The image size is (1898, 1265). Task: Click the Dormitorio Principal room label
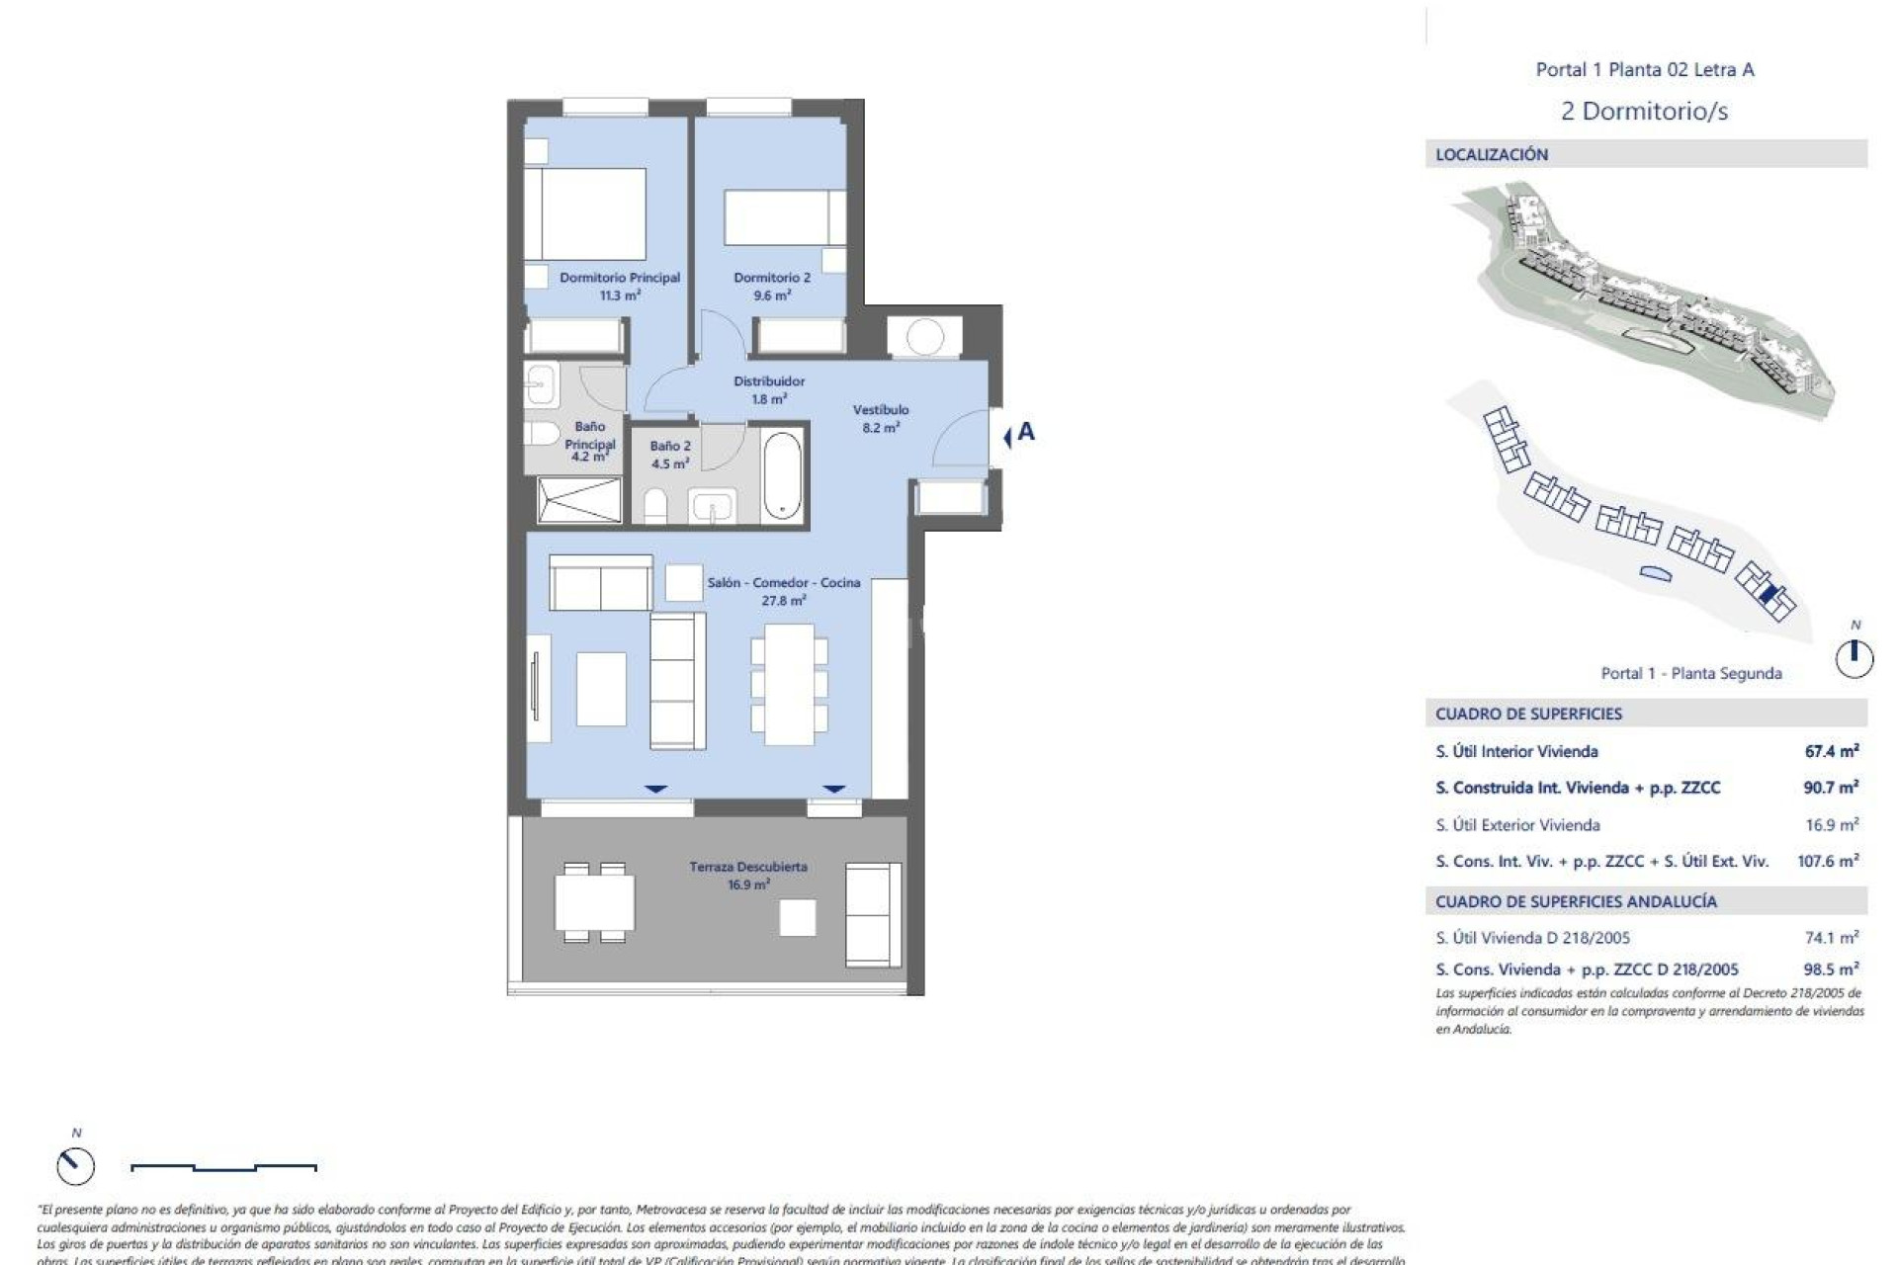(x=619, y=286)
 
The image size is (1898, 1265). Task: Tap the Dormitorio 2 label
(x=771, y=286)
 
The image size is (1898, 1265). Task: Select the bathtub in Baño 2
(x=782, y=474)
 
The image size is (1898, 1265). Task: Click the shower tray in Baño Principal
(x=579, y=499)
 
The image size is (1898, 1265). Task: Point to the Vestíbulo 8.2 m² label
(x=880, y=418)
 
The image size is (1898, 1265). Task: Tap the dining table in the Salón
(x=789, y=684)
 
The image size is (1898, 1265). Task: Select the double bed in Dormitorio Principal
(x=585, y=214)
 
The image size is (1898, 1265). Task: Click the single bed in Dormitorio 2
(x=784, y=217)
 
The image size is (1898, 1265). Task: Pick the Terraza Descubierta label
(x=747, y=875)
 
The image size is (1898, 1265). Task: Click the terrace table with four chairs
(x=593, y=902)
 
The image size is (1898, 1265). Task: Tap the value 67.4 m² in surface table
(x=1831, y=751)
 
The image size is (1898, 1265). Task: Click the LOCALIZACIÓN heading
(x=1491, y=154)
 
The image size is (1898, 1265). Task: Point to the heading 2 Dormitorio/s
(x=1644, y=111)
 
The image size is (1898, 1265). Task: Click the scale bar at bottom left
(x=223, y=1167)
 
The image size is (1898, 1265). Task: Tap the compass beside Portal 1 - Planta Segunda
(x=1854, y=658)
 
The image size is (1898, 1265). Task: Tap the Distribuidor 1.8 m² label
(x=768, y=389)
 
